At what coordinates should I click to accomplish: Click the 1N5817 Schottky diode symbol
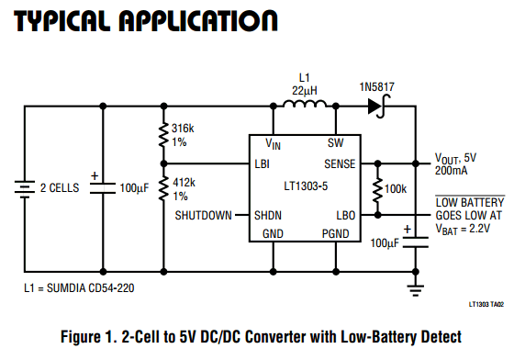pyautogui.click(x=378, y=107)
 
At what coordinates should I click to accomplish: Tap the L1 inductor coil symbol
pyautogui.click(x=305, y=104)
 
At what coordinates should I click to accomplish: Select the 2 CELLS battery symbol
pyautogui.click(x=24, y=189)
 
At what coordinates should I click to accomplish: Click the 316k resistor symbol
pyautogui.click(x=163, y=135)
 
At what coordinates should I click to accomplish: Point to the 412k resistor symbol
pyautogui.click(x=163, y=188)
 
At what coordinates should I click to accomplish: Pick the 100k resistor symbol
pyautogui.click(x=377, y=189)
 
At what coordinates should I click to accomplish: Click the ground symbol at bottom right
pyautogui.click(x=415, y=290)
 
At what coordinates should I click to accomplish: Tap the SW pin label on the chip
pyautogui.click(x=335, y=143)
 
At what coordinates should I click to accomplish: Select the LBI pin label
pyautogui.click(x=262, y=163)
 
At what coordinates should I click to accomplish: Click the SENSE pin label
pyautogui.click(x=340, y=163)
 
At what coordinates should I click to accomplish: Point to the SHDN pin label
pyautogui.click(x=268, y=216)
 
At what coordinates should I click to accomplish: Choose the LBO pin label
pyautogui.click(x=346, y=216)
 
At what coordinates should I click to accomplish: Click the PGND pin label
pyautogui.click(x=335, y=234)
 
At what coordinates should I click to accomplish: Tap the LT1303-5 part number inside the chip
pyautogui.click(x=306, y=186)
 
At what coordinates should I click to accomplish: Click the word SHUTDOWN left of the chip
pyautogui.click(x=203, y=216)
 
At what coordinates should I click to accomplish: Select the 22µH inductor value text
pyautogui.click(x=305, y=91)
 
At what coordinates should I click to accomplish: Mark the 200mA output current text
pyautogui.click(x=451, y=171)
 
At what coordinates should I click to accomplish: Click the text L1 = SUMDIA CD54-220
pyautogui.click(x=79, y=287)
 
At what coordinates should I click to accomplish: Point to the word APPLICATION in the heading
pyautogui.click(x=198, y=21)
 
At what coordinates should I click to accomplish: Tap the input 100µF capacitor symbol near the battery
pyautogui.click(x=103, y=188)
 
